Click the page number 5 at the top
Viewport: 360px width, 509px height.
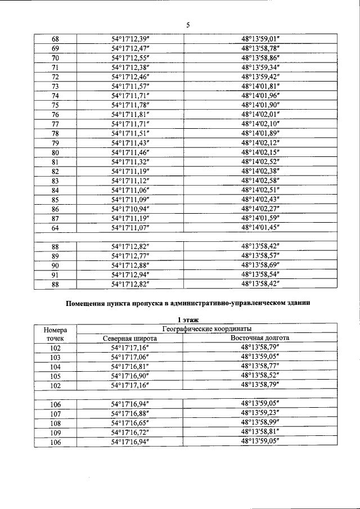pos(188,25)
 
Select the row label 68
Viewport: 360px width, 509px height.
pos(55,39)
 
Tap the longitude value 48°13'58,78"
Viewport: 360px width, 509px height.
pos(260,48)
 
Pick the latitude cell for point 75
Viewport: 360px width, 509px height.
pos(130,105)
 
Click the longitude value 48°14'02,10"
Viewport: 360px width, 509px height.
pos(260,124)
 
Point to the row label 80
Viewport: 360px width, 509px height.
pos(55,152)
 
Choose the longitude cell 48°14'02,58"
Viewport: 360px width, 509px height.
pos(260,181)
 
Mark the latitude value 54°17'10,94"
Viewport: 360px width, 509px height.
pos(130,209)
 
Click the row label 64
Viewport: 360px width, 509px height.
pos(55,228)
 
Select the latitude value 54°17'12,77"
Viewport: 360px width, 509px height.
pos(130,256)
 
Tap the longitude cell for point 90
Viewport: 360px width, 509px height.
pos(260,265)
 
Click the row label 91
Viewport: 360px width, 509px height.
pos(55,274)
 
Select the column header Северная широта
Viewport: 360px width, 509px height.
pos(130,338)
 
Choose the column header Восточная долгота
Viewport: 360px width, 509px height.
pos(260,338)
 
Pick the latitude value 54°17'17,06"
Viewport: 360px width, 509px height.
pos(130,357)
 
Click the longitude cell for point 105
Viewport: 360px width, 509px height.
pos(260,376)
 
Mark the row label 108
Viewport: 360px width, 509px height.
pos(55,423)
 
